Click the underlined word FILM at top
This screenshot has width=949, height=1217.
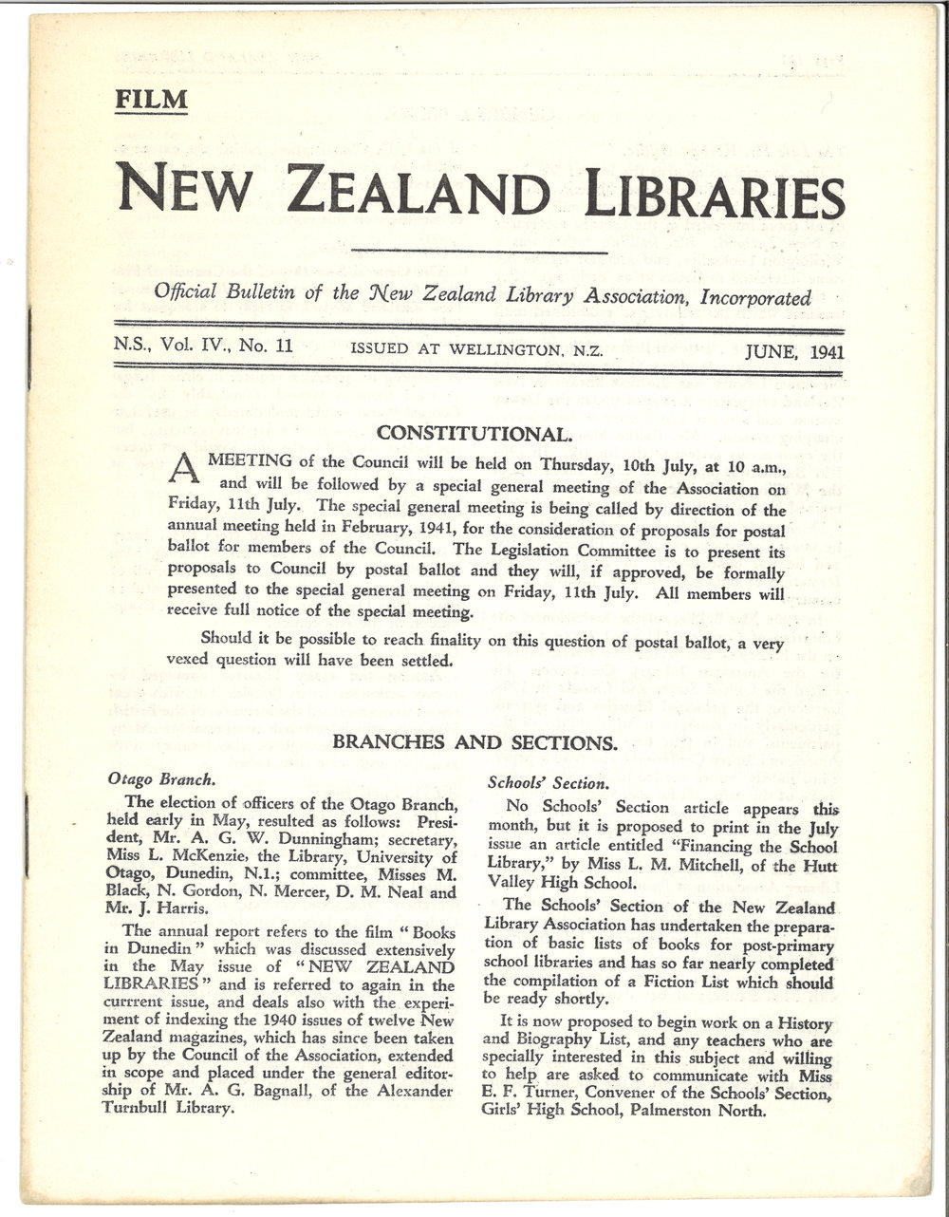coord(151,100)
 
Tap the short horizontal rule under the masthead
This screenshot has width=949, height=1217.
coord(479,253)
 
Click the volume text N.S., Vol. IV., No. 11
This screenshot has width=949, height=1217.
coord(201,346)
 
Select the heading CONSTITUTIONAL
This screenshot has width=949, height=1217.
coord(474,435)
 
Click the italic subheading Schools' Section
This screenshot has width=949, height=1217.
coord(547,783)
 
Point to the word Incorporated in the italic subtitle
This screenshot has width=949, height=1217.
coord(753,297)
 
